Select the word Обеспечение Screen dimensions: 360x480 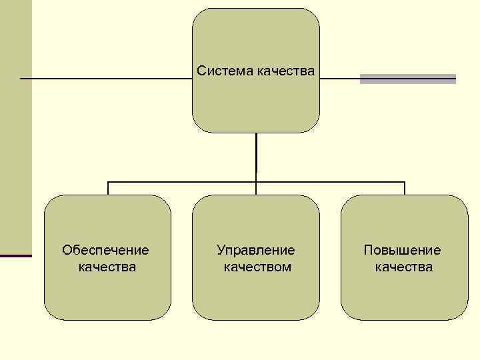(x=105, y=251)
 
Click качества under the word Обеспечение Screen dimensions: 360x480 (x=107, y=267)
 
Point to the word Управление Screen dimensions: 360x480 (x=255, y=251)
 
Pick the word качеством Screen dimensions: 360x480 (x=257, y=267)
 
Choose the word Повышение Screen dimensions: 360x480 (x=402, y=251)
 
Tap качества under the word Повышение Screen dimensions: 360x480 (x=403, y=267)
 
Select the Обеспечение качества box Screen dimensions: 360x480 (x=107, y=293)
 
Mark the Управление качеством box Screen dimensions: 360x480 (x=256, y=293)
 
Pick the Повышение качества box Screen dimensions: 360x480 (x=404, y=293)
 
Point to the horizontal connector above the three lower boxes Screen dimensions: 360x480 (x=180, y=181)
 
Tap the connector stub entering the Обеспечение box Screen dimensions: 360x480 (x=108, y=188)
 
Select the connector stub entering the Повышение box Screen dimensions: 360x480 (x=404, y=188)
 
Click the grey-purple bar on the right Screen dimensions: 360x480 (x=407, y=79)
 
